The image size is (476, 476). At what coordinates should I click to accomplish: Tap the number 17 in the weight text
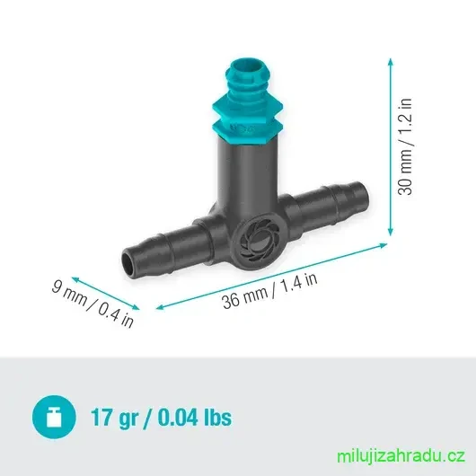[100, 417]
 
